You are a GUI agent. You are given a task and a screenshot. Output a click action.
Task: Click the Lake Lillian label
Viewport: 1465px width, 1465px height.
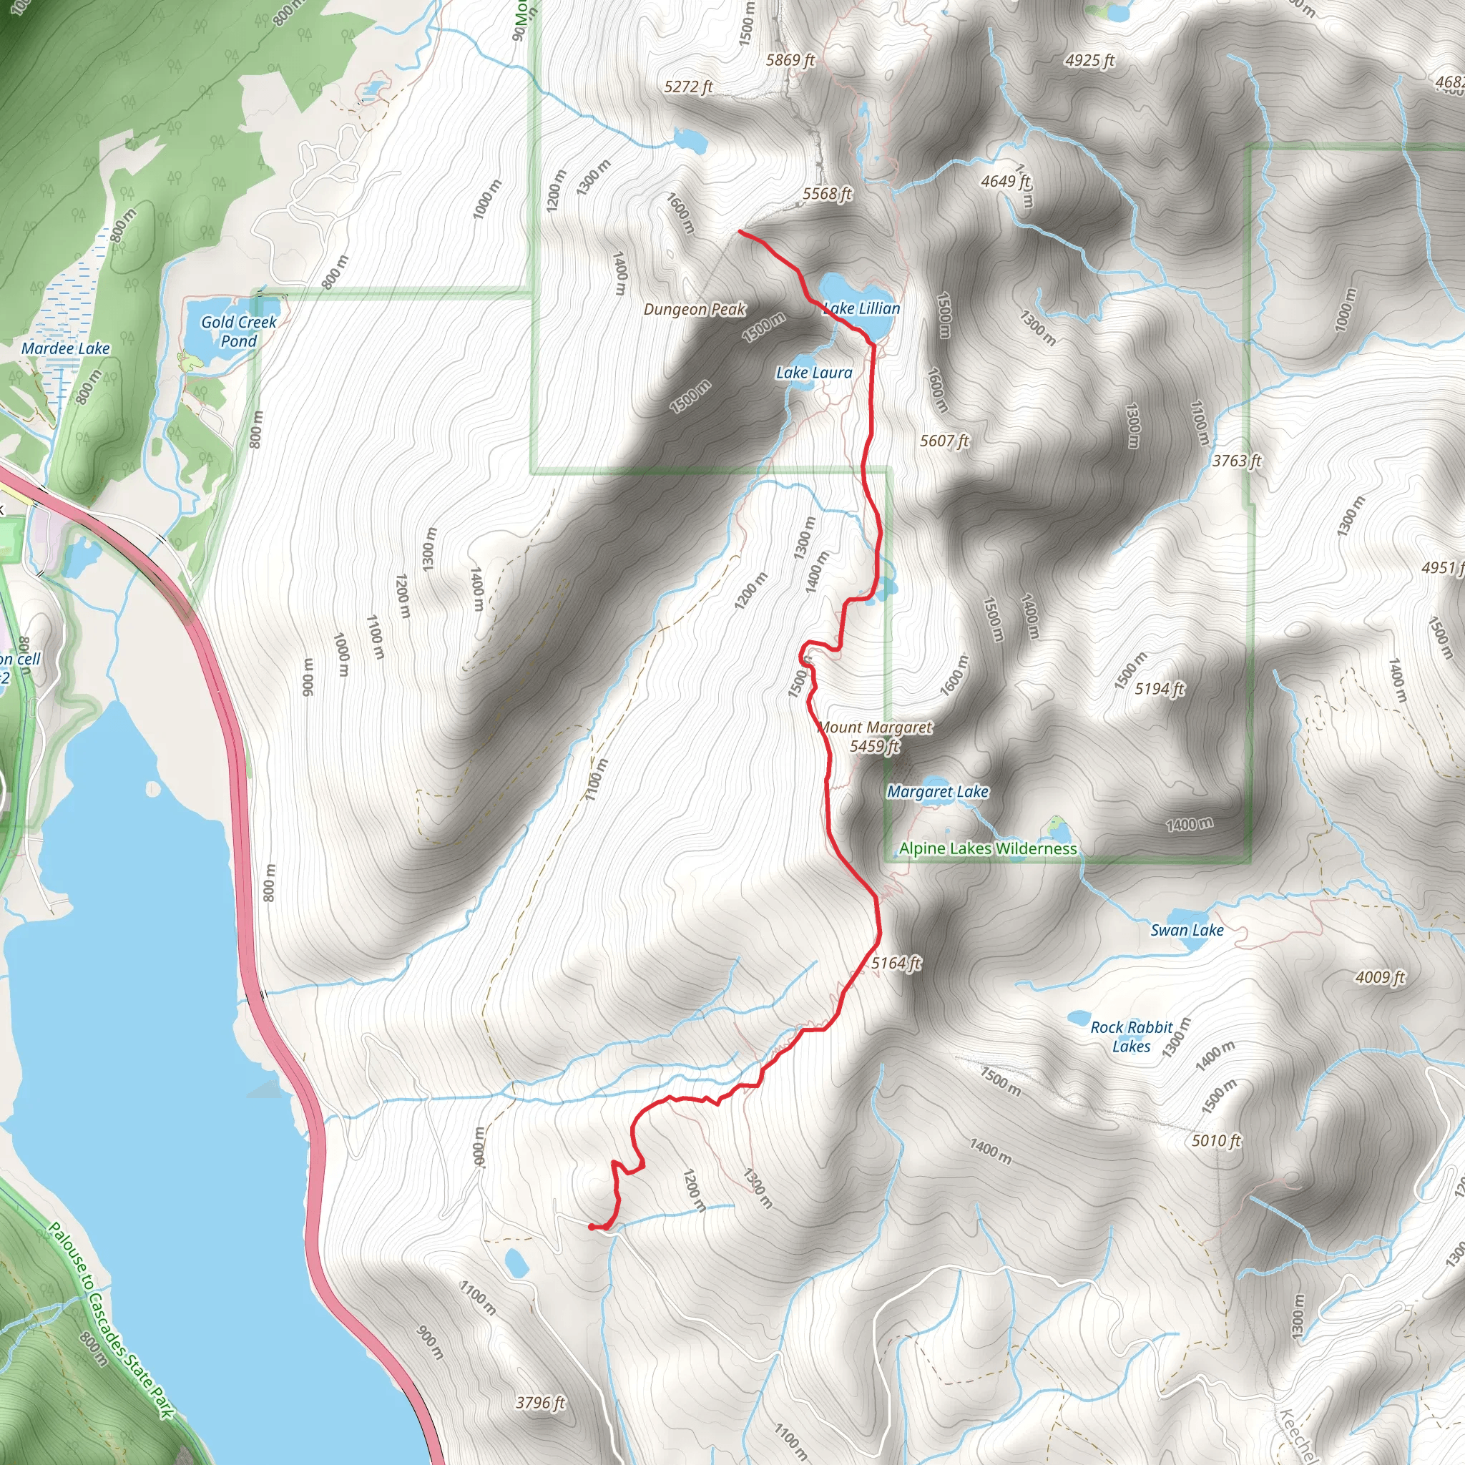coord(861,308)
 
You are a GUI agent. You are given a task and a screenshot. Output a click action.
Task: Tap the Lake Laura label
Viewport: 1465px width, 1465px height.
coord(813,373)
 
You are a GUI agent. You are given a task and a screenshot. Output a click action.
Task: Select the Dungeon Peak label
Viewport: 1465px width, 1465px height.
coord(695,309)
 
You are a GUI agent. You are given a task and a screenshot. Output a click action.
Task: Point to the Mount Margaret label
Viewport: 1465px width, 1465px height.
coord(875,727)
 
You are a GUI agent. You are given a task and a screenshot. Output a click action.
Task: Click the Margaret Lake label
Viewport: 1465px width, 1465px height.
coord(938,792)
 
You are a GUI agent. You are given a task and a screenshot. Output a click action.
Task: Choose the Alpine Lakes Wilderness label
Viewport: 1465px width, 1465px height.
coord(988,848)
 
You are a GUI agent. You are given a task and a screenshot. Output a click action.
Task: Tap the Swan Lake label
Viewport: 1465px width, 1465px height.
coord(1187,931)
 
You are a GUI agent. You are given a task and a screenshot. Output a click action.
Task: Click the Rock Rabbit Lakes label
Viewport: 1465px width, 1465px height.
coord(1132,1037)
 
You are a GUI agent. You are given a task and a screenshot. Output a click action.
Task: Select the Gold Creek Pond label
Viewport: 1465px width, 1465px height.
coord(239,331)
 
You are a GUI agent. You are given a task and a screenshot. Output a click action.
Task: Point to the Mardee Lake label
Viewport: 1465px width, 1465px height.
coord(66,349)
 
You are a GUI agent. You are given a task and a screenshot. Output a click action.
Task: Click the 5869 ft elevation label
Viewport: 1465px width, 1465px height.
coord(790,60)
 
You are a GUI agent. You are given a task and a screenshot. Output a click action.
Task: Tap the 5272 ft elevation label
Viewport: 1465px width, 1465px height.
coord(689,87)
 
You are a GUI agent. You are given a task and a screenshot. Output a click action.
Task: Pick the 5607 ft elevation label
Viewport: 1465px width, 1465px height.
coord(944,441)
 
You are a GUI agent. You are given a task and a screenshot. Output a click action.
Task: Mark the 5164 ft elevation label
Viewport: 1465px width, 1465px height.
coord(896,963)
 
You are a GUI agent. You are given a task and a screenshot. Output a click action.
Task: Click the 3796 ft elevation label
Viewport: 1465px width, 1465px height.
coord(541,1403)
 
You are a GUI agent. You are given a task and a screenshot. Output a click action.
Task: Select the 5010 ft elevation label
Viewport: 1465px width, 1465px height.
coord(1216,1140)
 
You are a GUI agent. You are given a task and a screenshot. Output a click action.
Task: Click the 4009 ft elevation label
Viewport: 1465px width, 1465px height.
coord(1380,977)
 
